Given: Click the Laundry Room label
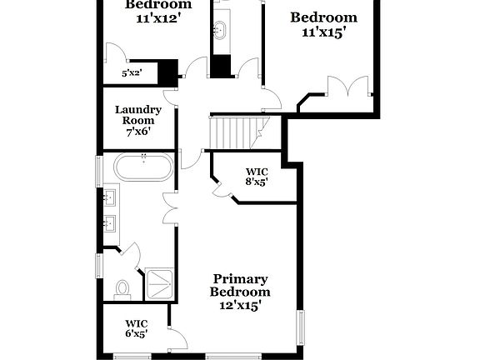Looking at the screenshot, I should click(x=138, y=115).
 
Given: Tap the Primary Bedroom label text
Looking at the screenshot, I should click(x=240, y=285).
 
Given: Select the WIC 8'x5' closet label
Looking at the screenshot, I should click(x=257, y=177).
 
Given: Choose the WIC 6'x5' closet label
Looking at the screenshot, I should click(x=136, y=328).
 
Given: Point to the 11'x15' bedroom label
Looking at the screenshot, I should click(x=323, y=25).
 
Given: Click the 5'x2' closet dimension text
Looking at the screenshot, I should click(x=132, y=73).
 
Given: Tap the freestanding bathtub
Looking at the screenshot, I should click(x=145, y=167).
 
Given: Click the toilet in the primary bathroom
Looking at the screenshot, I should click(x=122, y=288).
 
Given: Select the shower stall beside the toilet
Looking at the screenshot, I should click(x=159, y=283).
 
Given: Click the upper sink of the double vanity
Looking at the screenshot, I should click(x=109, y=198).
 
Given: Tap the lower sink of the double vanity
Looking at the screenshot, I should click(x=109, y=223).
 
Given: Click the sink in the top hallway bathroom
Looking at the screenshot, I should click(x=221, y=31).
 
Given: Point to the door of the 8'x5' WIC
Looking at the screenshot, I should click(x=221, y=188).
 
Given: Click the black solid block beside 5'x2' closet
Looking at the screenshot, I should click(x=169, y=72).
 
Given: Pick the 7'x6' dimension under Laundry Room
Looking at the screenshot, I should click(x=138, y=132).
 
